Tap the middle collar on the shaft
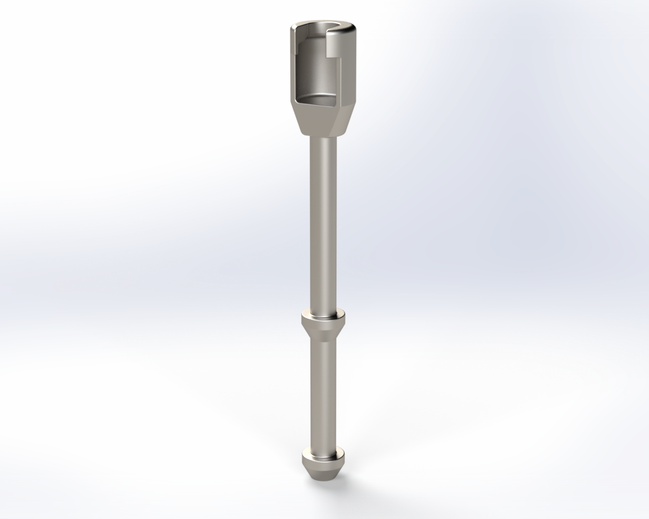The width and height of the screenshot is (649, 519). pos(323,319)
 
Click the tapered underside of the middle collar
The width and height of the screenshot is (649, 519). pos(323,332)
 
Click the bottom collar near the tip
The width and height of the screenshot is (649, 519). pos(323,455)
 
